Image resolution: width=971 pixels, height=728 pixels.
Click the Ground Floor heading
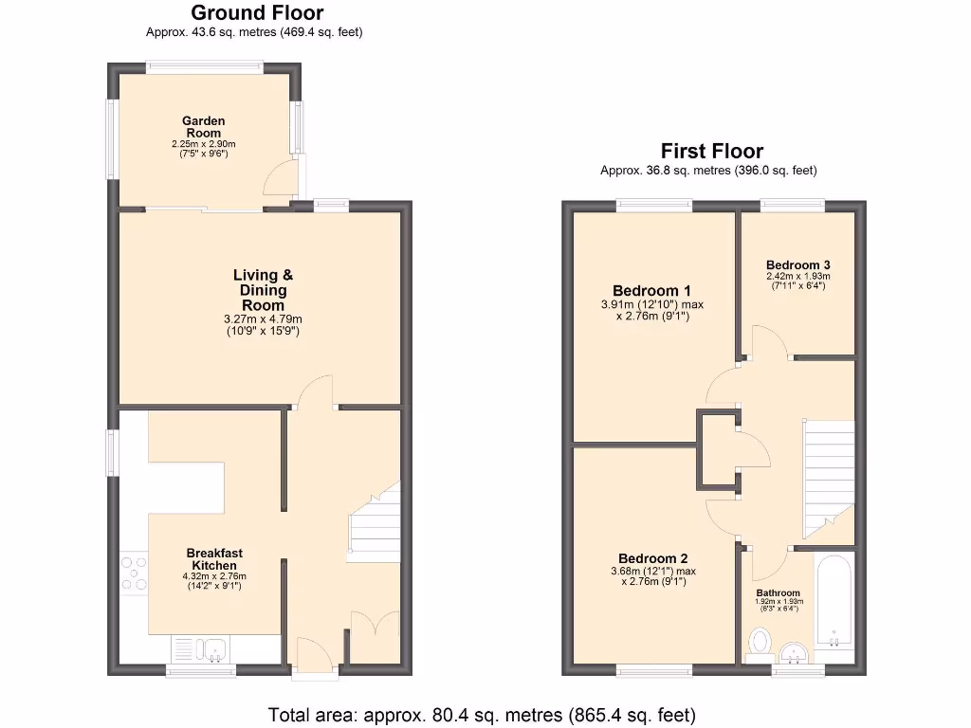point(257,13)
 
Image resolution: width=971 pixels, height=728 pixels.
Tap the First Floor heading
point(711,152)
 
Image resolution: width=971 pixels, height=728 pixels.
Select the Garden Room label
point(204,127)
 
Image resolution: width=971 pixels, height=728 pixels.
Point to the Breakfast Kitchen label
point(214,559)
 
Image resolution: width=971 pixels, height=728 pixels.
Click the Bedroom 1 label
point(651,291)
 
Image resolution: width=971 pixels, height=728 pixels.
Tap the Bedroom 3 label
point(798,264)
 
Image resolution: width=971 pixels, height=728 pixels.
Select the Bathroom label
point(778,593)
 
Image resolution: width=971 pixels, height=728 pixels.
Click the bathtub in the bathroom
point(834,602)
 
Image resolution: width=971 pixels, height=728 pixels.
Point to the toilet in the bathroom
point(760,645)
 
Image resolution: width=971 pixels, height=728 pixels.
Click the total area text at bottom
point(483,714)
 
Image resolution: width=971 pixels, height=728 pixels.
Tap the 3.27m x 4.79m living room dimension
point(263,319)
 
